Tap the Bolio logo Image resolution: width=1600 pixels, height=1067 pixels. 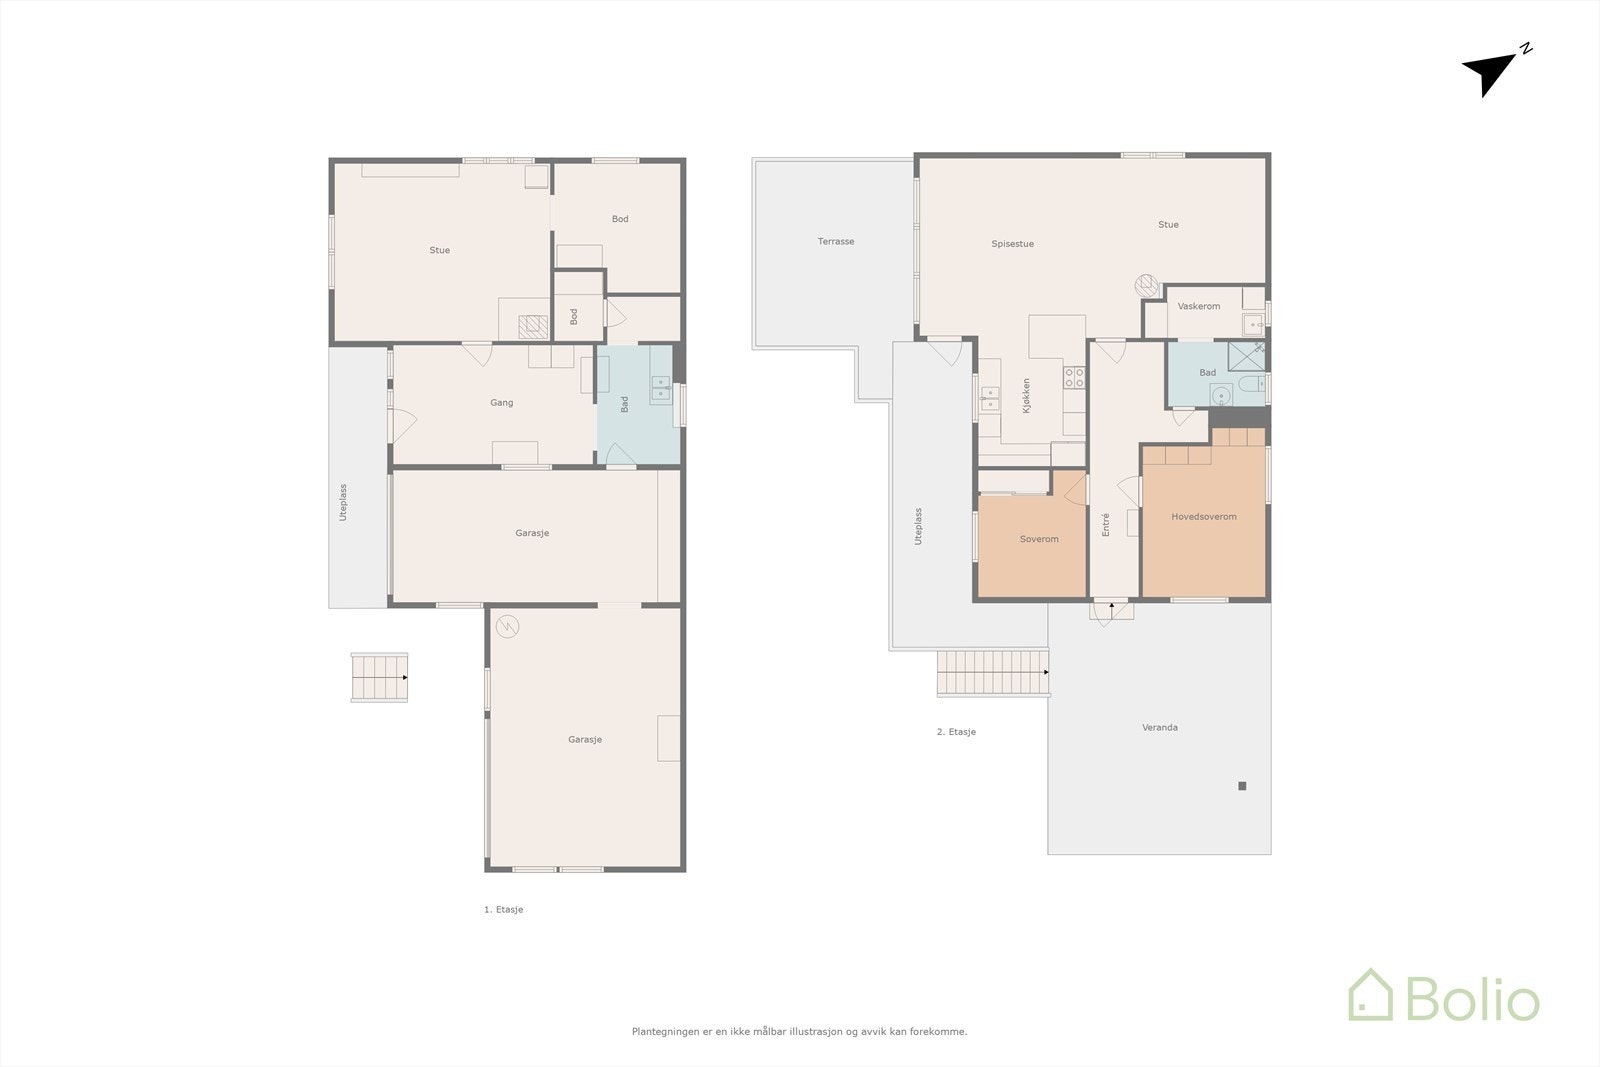(1444, 995)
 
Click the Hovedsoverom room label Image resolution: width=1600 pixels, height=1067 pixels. (1204, 516)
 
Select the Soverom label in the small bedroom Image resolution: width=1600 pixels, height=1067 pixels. (1039, 538)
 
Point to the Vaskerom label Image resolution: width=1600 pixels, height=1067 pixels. (1199, 306)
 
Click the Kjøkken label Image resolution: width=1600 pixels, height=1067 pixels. (1026, 396)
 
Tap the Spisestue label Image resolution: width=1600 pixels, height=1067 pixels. (1012, 244)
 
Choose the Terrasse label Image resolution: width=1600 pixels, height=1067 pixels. (836, 241)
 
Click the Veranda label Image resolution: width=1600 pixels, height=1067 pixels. (1159, 727)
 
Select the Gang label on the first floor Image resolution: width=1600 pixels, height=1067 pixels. (501, 402)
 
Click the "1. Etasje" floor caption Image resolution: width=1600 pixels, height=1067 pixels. (504, 909)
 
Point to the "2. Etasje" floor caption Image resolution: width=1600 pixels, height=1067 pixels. (956, 731)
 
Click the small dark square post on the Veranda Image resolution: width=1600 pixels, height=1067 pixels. (1242, 786)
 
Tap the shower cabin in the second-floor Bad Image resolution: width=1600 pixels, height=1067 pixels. (1246, 356)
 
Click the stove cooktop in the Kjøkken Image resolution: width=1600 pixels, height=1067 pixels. (1074, 377)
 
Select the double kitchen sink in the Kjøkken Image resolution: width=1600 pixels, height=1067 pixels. (989, 399)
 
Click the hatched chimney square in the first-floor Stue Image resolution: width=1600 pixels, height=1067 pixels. (533, 326)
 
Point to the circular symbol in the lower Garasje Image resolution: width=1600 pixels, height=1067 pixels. (507, 626)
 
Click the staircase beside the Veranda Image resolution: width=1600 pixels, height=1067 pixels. (993, 672)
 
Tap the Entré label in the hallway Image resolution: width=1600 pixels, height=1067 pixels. (1106, 524)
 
